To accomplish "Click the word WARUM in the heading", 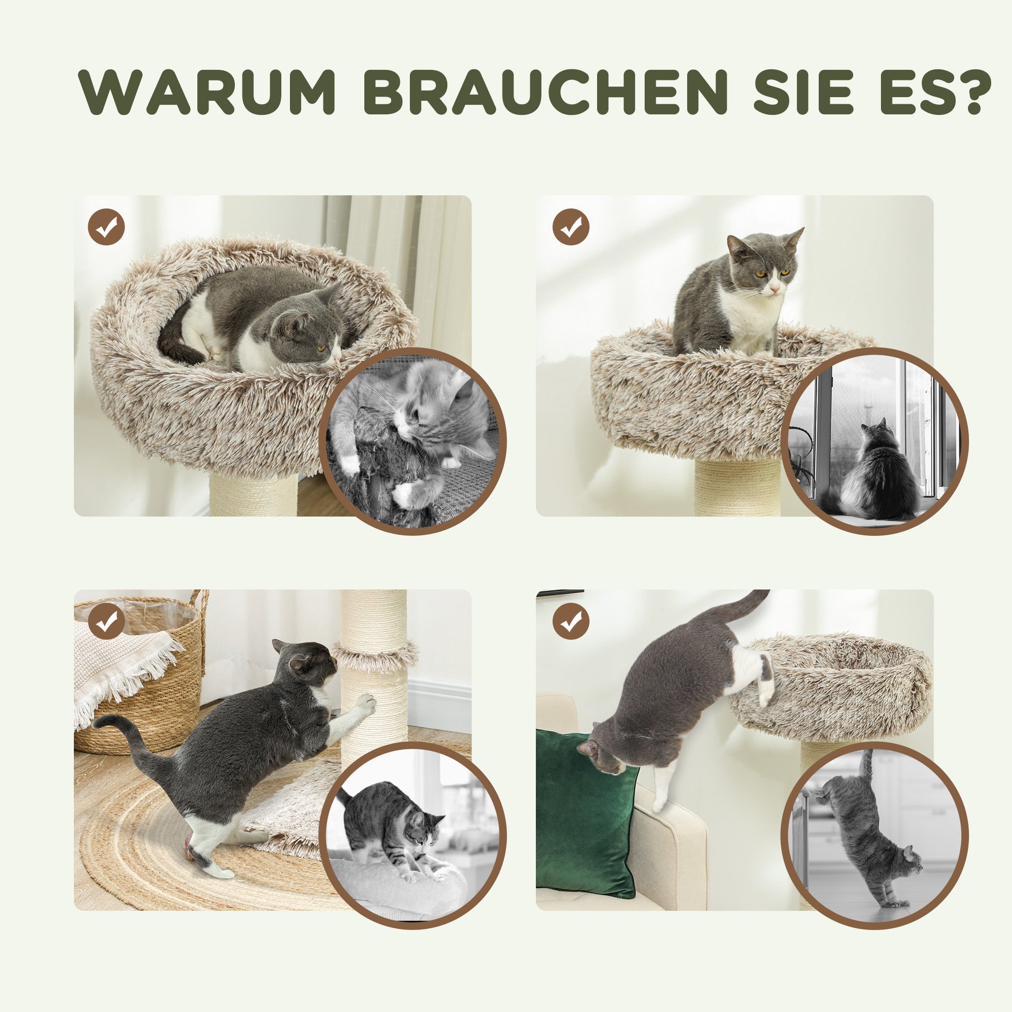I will pos(207,92).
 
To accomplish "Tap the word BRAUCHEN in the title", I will pos(545,92).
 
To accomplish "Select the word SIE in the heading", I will pos(804,92).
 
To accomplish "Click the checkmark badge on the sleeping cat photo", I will pos(106,227).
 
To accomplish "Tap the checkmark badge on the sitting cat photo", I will pos(571,227).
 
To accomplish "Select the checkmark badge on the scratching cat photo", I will pos(106,621).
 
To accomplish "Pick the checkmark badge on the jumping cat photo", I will pos(571,621).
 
